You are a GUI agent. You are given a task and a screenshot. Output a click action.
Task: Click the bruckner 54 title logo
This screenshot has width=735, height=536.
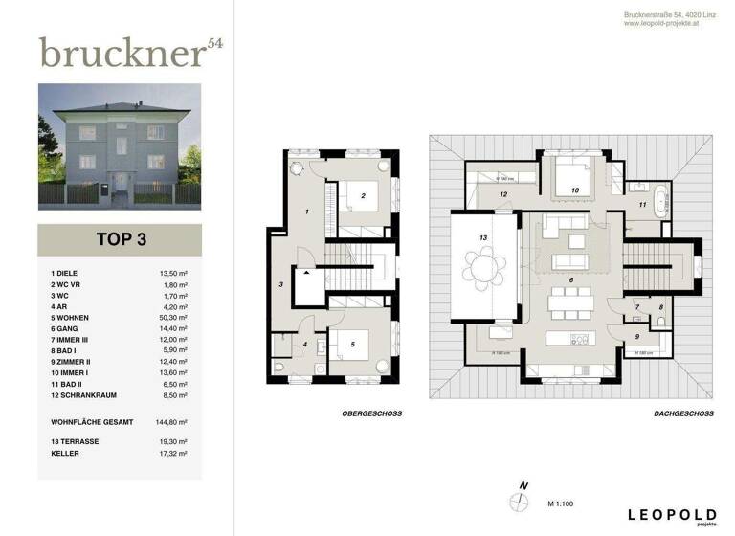pos(129,53)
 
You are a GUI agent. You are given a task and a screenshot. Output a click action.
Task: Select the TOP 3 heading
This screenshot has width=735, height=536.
pos(120,240)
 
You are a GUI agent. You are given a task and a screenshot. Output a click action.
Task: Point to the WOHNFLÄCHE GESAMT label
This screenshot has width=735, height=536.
pos(92,421)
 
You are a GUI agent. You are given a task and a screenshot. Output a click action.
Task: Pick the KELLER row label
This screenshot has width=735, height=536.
pos(65,452)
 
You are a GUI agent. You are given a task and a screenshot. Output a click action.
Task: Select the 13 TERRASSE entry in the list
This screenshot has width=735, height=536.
pos(78,441)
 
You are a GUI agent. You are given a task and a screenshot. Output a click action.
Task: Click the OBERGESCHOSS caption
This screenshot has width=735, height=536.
pos(371,413)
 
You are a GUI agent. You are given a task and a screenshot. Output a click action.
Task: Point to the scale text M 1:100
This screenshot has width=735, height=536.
pos(564,502)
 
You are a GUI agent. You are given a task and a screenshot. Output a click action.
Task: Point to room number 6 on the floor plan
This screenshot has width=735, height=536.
pos(571,279)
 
